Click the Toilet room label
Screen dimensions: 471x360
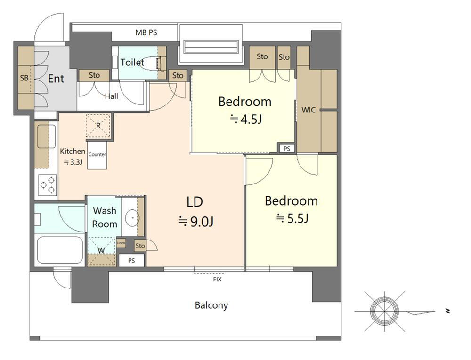[x=132, y=63]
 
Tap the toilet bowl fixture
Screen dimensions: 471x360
[x=153, y=64]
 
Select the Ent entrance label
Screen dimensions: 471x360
[x=56, y=79]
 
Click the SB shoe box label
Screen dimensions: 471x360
[x=24, y=78]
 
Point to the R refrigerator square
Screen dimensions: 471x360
[x=98, y=126]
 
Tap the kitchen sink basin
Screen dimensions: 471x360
[x=47, y=136]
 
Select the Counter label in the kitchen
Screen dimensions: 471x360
[x=97, y=154]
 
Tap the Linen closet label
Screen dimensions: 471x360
[x=121, y=243]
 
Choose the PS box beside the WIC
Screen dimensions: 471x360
[x=287, y=149]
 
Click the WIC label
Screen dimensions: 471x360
[x=309, y=110]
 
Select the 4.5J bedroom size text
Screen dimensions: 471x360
[x=246, y=120]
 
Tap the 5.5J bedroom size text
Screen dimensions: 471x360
[x=292, y=218]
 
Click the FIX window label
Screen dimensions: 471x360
[x=217, y=280]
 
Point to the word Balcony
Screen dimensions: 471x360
[x=211, y=305]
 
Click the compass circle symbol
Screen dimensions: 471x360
[x=384, y=312]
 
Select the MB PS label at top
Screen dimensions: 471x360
[x=146, y=32]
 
